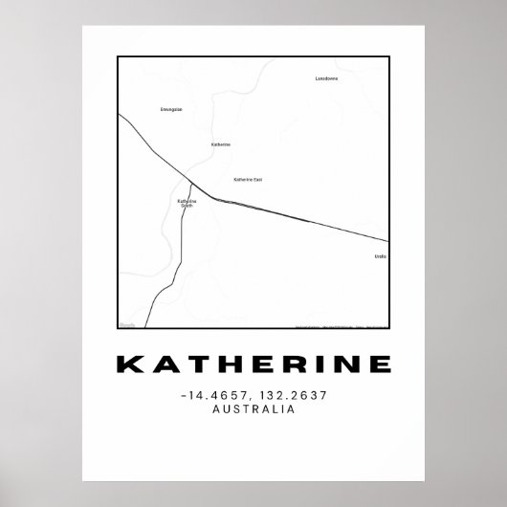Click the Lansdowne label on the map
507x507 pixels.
click(x=327, y=78)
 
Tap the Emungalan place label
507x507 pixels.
click(x=171, y=110)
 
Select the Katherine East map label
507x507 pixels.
click(x=248, y=179)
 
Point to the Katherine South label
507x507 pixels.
click(x=187, y=203)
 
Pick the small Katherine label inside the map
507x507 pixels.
click(x=221, y=144)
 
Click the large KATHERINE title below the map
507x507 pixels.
click(x=253, y=365)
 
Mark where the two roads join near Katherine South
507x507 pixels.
click(x=191, y=183)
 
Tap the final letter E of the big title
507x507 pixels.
click(x=380, y=365)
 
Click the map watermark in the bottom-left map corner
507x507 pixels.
click(x=127, y=324)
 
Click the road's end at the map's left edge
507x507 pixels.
click(x=120, y=114)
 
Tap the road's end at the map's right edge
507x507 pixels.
click(x=387, y=240)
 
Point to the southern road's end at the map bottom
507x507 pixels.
click(x=147, y=327)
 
